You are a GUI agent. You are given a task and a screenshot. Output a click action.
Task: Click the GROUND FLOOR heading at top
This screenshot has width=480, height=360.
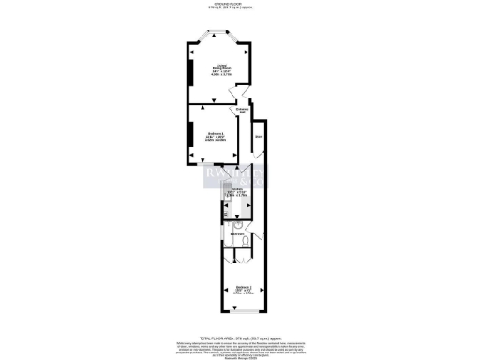tap(239, 5)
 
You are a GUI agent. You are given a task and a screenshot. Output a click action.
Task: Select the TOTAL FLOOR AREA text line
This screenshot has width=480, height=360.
tap(239, 336)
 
